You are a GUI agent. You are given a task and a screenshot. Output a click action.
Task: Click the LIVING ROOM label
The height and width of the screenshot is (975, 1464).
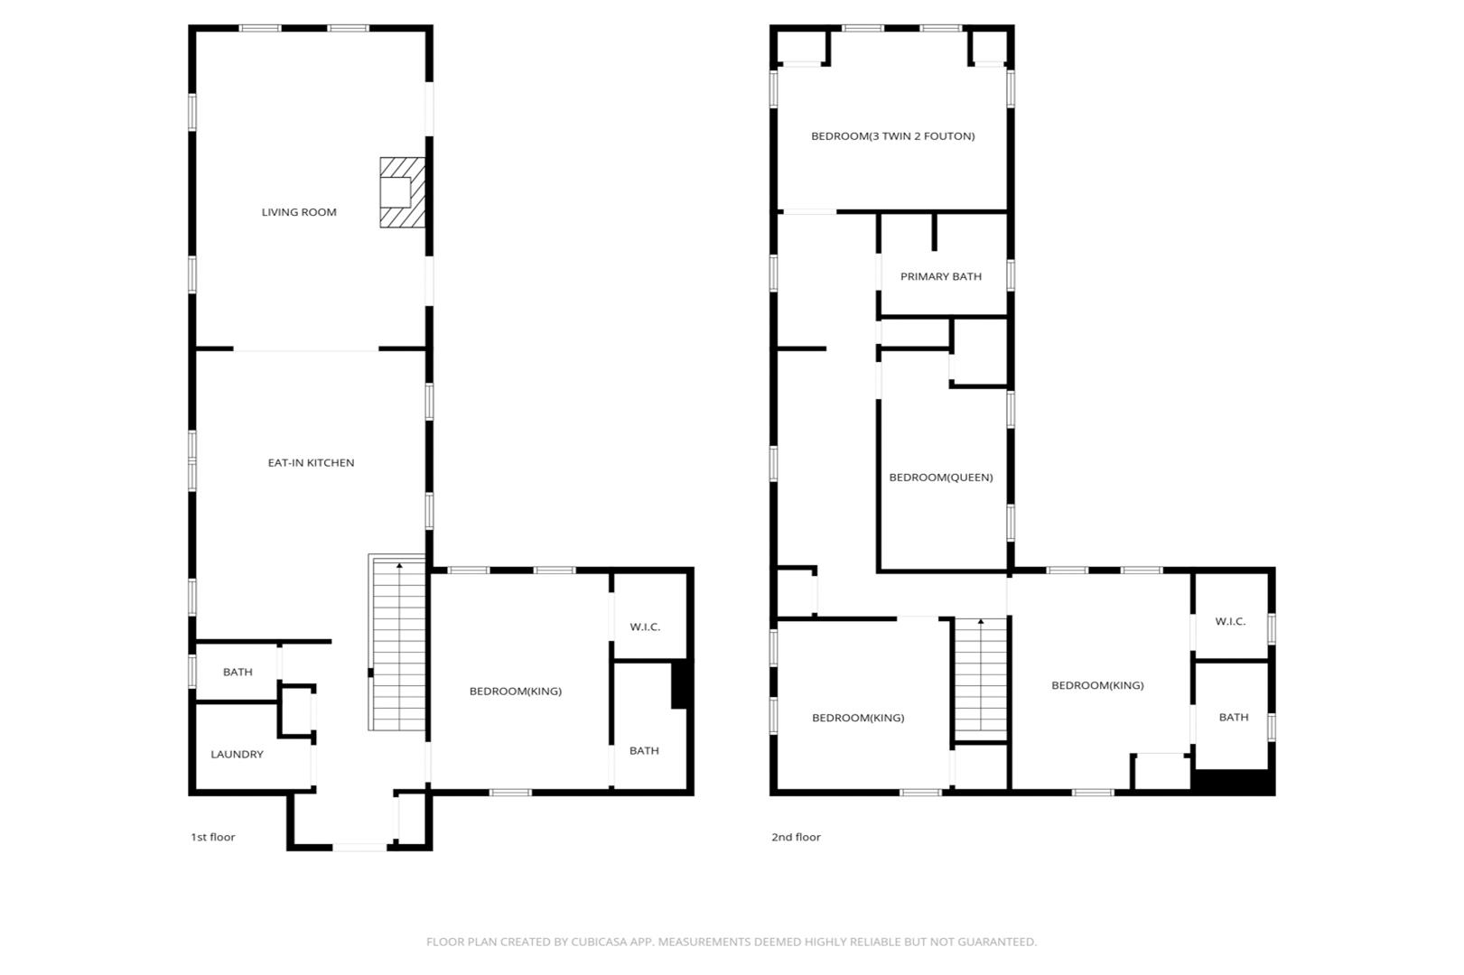299,212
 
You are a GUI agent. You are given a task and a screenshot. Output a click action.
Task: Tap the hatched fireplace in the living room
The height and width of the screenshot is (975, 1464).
403,193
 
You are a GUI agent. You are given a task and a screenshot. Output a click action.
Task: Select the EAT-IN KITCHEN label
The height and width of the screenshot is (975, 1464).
311,462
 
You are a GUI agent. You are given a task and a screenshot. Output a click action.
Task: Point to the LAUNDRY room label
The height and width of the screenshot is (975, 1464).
237,754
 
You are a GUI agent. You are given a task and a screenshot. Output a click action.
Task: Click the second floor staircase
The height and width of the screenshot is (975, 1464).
980,680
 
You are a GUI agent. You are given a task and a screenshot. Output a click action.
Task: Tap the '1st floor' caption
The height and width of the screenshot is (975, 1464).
212,837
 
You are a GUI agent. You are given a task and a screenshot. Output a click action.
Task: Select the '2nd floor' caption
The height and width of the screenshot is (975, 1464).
796,837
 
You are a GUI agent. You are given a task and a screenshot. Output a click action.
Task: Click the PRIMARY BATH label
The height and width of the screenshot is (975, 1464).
940,276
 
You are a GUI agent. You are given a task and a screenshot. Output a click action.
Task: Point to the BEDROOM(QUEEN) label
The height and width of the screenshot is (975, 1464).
940,478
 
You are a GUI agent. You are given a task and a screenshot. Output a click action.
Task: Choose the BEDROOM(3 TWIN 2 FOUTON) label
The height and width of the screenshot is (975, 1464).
893,136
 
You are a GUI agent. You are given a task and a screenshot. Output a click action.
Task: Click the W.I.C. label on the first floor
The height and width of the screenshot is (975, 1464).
645,627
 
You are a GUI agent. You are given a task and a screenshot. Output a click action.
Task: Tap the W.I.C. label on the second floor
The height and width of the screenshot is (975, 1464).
1230,621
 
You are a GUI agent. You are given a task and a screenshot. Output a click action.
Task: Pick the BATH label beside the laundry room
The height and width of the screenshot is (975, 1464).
238,672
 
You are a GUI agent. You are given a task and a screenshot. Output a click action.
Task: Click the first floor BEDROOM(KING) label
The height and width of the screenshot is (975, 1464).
515,692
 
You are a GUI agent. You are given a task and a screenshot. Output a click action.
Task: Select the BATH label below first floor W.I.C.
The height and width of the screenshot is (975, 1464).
644,751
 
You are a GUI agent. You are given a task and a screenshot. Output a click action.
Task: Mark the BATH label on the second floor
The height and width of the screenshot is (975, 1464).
1234,718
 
